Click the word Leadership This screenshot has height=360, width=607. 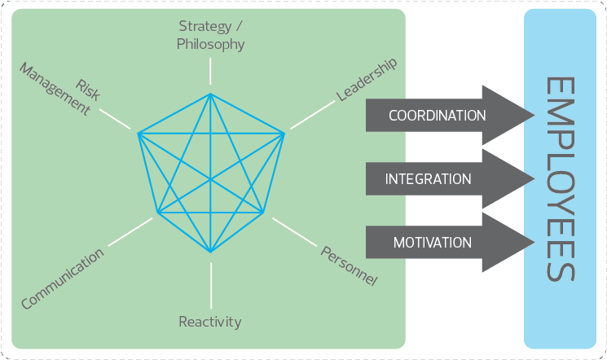pos(367,81)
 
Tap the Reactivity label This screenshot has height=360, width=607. pos(210,322)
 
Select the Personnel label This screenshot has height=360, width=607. pos(349,266)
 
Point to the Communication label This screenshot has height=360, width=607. pos(63,279)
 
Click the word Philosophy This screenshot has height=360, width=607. pos(210,44)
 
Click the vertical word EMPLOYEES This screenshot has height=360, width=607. pos(561,179)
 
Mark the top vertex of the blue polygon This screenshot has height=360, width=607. pos(210,95)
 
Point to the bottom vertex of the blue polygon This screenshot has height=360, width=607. pos(210,252)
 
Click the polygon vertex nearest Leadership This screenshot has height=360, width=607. pos(284,132)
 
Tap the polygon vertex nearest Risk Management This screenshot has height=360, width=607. pos(139,133)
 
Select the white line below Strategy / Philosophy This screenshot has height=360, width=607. pos(210,72)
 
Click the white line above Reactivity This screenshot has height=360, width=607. pos(210,284)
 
